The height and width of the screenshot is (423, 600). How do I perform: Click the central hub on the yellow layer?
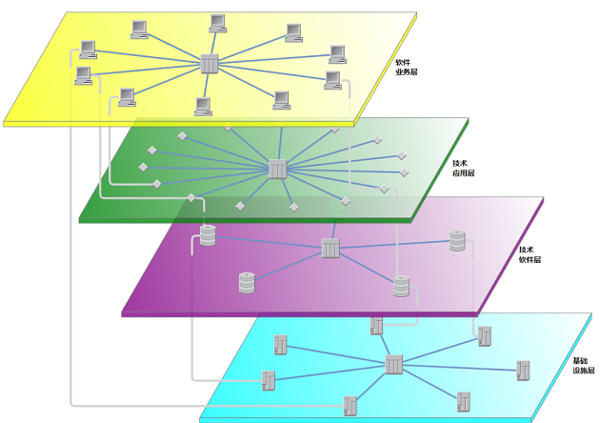click(x=210, y=64)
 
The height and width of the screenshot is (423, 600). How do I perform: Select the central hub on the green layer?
click(x=278, y=170)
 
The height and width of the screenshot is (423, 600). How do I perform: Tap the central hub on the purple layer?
click(x=330, y=249)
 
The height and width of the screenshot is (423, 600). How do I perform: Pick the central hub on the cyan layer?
click(x=394, y=364)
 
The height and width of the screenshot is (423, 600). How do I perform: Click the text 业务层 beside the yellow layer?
click(x=408, y=72)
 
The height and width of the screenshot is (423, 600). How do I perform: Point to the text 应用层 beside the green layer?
click(x=464, y=173)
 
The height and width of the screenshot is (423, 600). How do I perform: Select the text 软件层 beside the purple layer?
click(x=530, y=259)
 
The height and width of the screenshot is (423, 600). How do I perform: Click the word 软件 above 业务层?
click(x=404, y=62)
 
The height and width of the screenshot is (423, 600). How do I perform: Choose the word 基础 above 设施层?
click(x=580, y=360)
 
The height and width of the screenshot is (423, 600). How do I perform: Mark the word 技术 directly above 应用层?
click(x=460, y=163)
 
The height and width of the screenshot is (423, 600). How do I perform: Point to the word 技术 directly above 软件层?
click(x=526, y=249)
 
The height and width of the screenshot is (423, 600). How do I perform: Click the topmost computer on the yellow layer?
click(x=218, y=21)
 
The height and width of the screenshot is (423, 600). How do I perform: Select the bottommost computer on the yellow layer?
click(x=203, y=105)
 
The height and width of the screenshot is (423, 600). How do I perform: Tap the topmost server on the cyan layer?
click(x=376, y=326)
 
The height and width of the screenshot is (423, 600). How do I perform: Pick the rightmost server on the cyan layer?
click(x=523, y=370)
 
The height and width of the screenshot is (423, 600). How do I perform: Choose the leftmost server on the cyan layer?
click(x=269, y=379)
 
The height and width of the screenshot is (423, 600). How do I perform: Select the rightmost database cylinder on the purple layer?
click(x=458, y=241)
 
